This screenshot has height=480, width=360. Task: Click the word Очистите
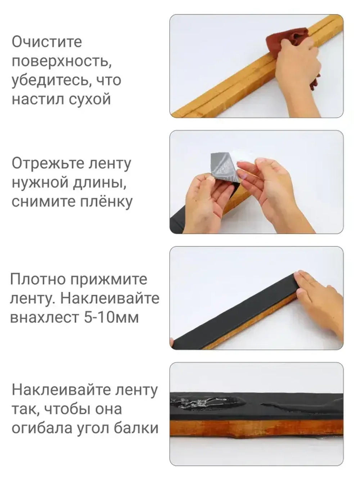[x=47, y=42]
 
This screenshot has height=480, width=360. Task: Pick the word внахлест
[x=45, y=317]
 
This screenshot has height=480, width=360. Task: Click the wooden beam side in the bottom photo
[x=252, y=429]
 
